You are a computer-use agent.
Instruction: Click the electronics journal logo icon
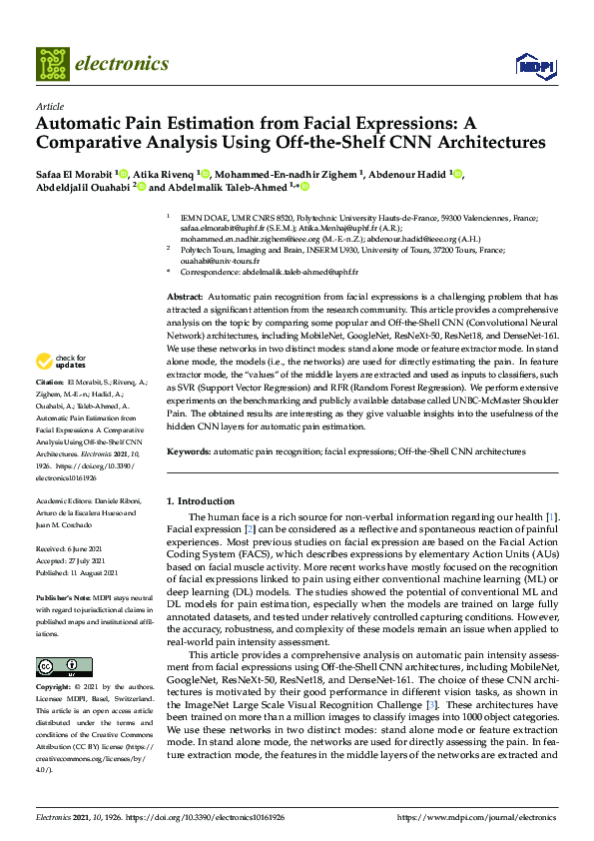[x=54, y=64]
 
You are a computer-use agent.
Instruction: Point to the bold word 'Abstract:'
[x=184, y=298]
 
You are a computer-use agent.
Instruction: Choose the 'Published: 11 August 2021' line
[x=78, y=571]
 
